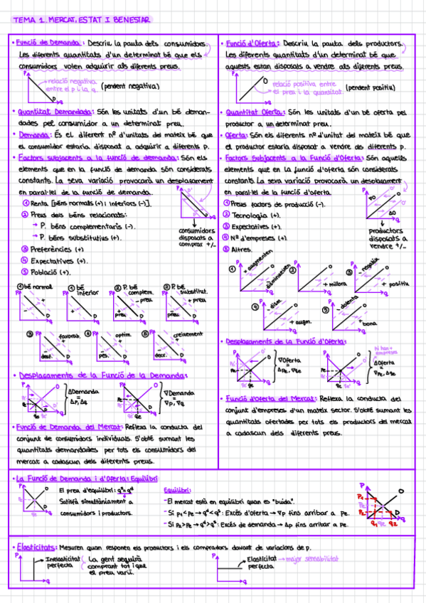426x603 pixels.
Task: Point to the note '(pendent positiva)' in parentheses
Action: click(371, 88)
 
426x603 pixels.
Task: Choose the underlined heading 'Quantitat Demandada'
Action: click(54, 112)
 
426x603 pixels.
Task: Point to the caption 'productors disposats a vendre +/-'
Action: click(387, 238)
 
